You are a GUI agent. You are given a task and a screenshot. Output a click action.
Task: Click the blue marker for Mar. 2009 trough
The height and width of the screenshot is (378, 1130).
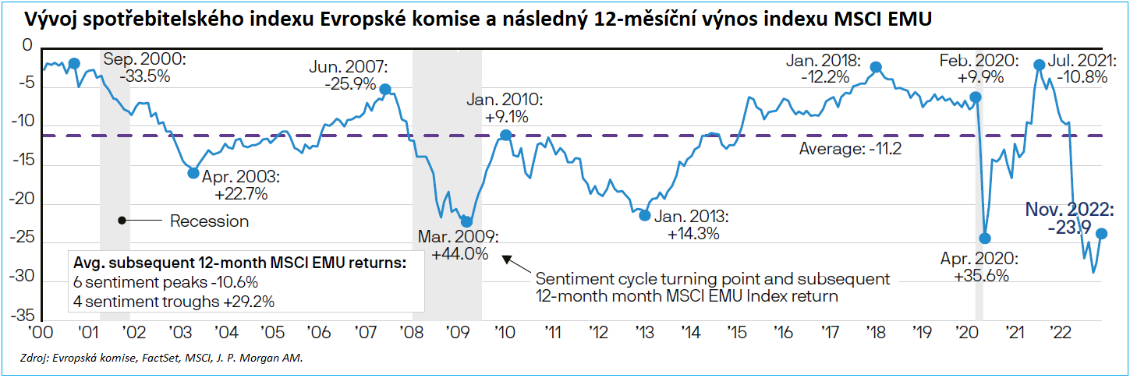pyautogui.click(x=466, y=221)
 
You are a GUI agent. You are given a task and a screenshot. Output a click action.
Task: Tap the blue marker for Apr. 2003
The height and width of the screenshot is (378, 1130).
pyautogui.click(x=193, y=172)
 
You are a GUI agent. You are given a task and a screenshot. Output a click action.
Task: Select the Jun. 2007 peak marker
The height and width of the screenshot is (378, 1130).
pyautogui.click(x=384, y=90)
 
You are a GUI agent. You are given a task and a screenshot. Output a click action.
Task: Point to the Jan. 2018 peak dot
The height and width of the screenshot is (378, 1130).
pyautogui.click(x=876, y=67)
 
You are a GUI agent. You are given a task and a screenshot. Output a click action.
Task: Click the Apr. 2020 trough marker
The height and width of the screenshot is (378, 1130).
pyautogui.click(x=984, y=238)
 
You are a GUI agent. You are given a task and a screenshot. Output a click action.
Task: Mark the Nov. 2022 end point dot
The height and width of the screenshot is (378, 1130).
pyautogui.click(x=1102, y=234)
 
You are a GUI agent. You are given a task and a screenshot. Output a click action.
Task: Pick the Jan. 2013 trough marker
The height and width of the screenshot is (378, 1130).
pyautogui.click(x=644, y=214)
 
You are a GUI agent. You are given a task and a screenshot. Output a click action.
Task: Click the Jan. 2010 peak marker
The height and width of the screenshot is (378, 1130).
pyautogui.click(x=505, y=135)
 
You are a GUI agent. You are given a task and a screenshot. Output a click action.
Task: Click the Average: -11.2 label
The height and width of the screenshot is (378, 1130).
pyautogui.click(x=850, y=149)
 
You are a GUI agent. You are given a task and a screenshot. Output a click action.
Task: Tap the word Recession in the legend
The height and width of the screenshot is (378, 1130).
pyautogui.click(x=209, y=221)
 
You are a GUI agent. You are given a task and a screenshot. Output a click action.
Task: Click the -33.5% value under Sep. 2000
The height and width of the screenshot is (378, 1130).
pyautogui.click(x=145, y=76)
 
